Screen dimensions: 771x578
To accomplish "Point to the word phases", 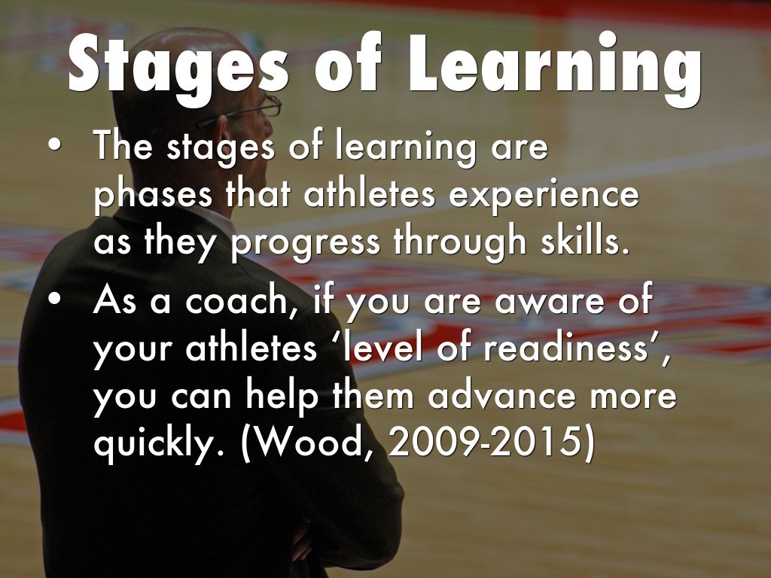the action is pos(153,196).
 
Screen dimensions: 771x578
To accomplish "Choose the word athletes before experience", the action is pos(370,193).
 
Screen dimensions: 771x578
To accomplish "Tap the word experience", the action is pos(544,196).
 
